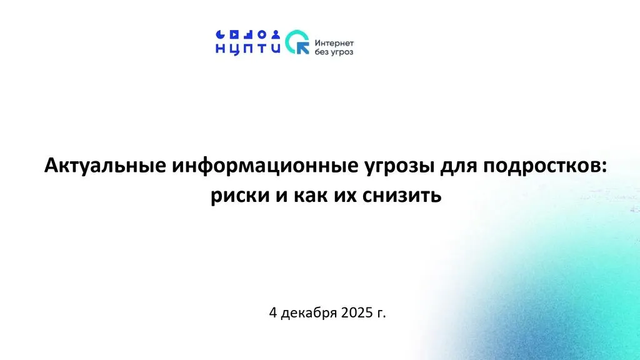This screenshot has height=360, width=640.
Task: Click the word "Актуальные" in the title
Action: pyautogui.click(x=105, y=166)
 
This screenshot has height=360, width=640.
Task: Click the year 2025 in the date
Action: pyautogui.click(x=357, y=312)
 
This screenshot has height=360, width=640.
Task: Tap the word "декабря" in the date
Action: pyautogui.click(x=309, y=314)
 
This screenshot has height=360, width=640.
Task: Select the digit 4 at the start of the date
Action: pyautogui.click(x=273, y=312)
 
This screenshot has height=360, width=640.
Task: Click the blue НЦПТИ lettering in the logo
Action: pyautogui.click(x=247, y=49)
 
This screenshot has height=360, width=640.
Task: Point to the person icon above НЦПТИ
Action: pyautogui.click(x=276, y=34)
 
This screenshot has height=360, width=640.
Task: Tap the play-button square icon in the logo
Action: pyautogui.click(x=234, y=34)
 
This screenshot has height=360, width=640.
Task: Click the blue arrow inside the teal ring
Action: pyautogui.click(x=302, y=47)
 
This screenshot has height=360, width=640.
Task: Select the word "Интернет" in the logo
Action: pyautogui.click(x=334, y=43)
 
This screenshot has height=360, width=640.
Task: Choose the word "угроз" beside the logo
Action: pyautogui.click(x=342, y=52)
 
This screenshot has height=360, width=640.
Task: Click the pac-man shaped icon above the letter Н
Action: pyautogui.click(x=220, y=34)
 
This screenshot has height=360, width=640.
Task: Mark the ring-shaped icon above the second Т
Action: pyautogui.click(x=262, y=34)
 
